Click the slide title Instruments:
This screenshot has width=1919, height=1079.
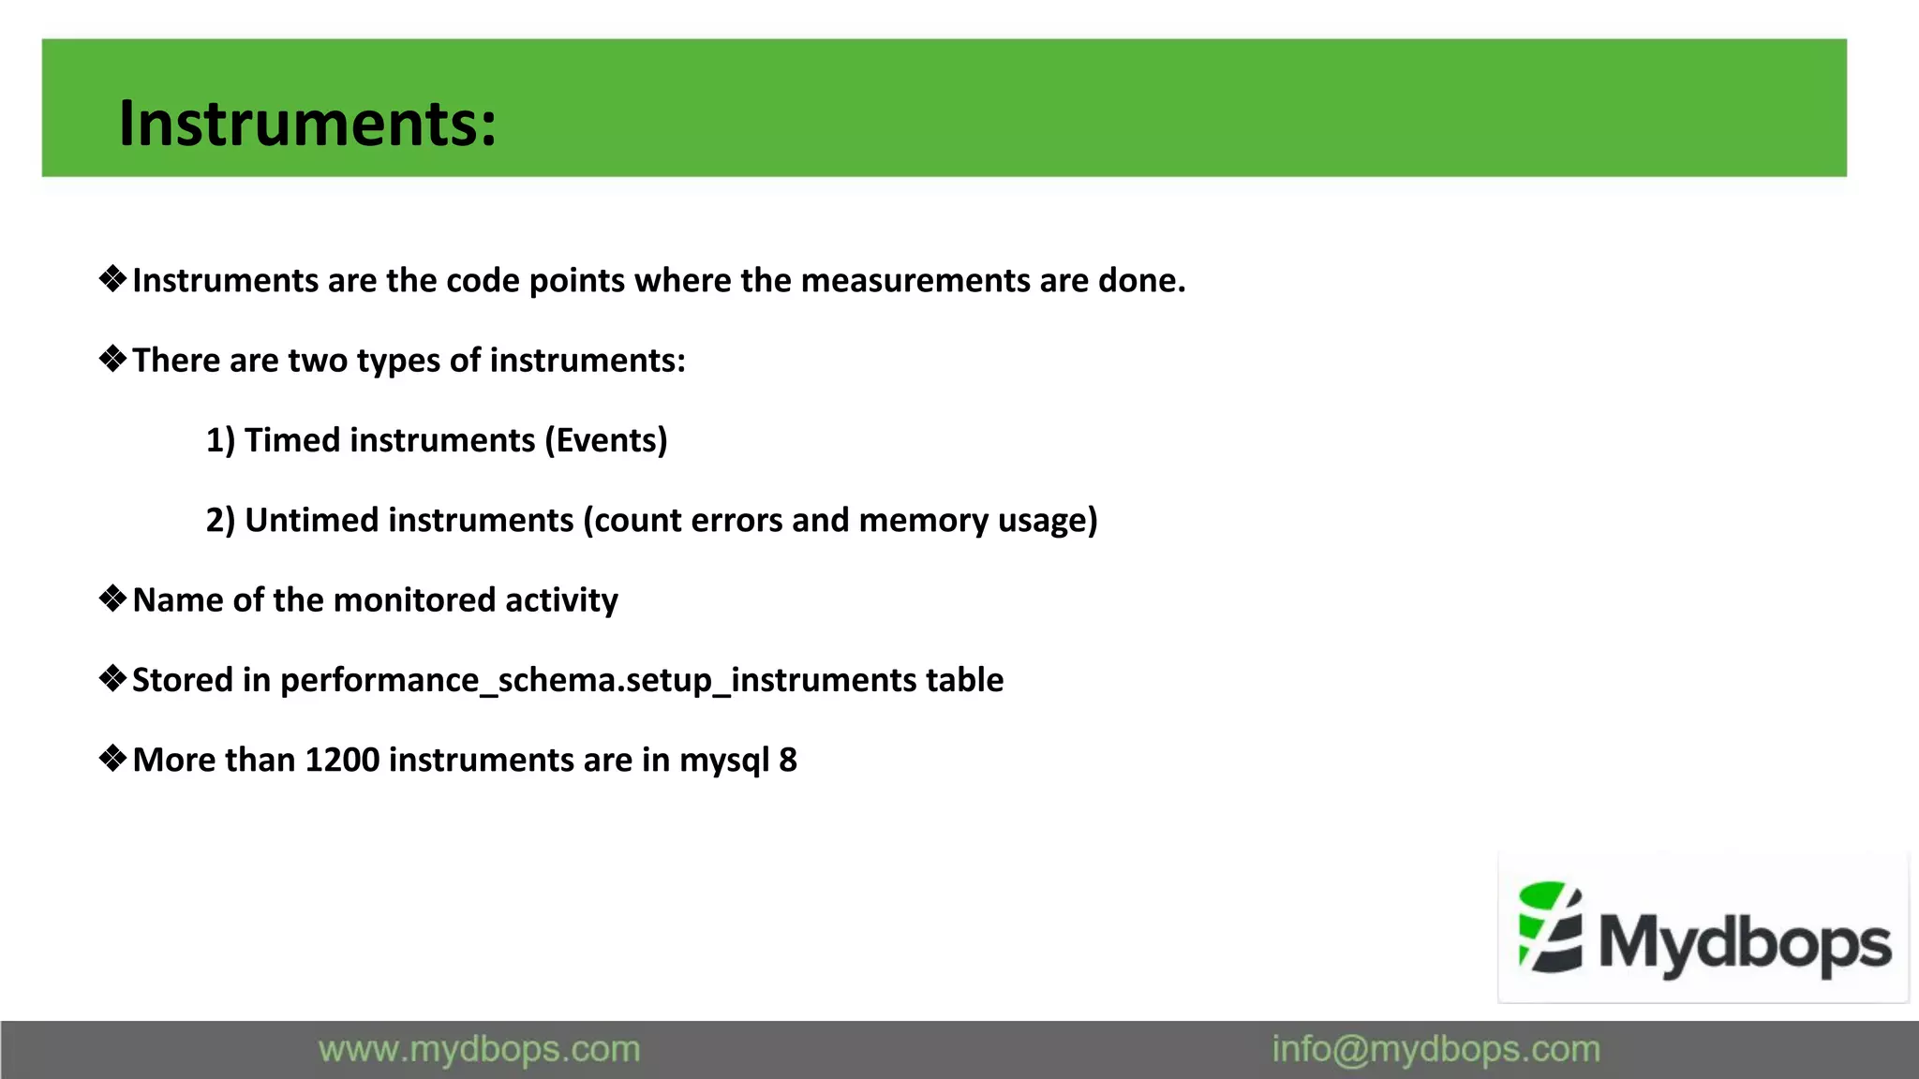(x=307, y=124)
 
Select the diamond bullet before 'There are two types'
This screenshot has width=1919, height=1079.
(x=112, y=359)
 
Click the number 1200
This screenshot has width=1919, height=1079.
(x=342, y=760)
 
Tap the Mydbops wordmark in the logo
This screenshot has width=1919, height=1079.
(x=1745, y=942)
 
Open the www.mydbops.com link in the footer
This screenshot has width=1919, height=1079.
(x=479, y=1050)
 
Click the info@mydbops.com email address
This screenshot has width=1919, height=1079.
(x=1436, y=1050)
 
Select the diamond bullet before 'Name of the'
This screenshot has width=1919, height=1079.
(x=112, y=599)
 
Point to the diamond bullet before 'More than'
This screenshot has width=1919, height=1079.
(x=112, y=758)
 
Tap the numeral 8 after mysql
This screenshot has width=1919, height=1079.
(x=788, y=760)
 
